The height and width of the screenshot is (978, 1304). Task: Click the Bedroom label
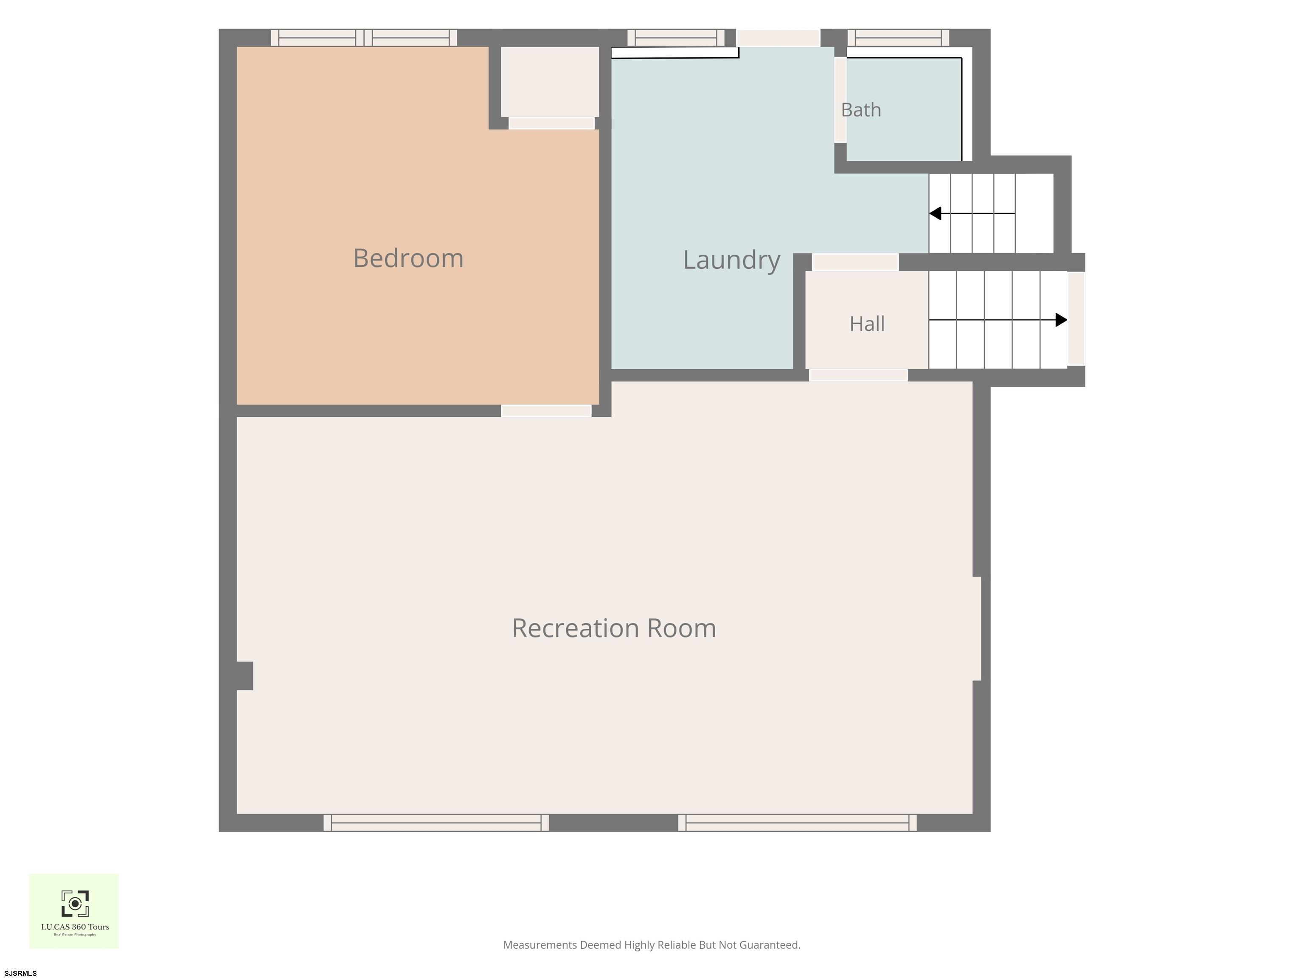click(x=408, y=258)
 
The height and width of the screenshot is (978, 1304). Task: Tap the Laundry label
click(x=731, y=260)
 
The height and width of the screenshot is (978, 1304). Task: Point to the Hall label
click(x=867, y=323)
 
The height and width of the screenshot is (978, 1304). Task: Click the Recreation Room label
click(x=614, y=628)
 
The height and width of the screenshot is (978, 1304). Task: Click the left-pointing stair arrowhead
click(x=935, y=214)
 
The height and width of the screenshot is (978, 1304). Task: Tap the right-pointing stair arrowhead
click(x=1061, y=320)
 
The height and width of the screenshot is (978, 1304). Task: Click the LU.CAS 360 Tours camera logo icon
click(x=75, y=904)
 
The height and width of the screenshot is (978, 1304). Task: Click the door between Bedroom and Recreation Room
click(x=546, y=411)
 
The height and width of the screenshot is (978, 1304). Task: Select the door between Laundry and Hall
click(x=855, y=262)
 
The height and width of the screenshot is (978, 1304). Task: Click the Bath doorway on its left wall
click(x=840, y=100)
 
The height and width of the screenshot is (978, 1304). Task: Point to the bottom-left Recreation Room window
click(x=436, y=823)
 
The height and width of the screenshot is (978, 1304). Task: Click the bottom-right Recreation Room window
click(x=798, y=823)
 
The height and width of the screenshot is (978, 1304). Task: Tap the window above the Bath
click(x=899, y=38)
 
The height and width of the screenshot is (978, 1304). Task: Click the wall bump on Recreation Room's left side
click(x=244, y=676)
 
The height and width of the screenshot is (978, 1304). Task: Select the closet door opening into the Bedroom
click(x=551, y=123)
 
